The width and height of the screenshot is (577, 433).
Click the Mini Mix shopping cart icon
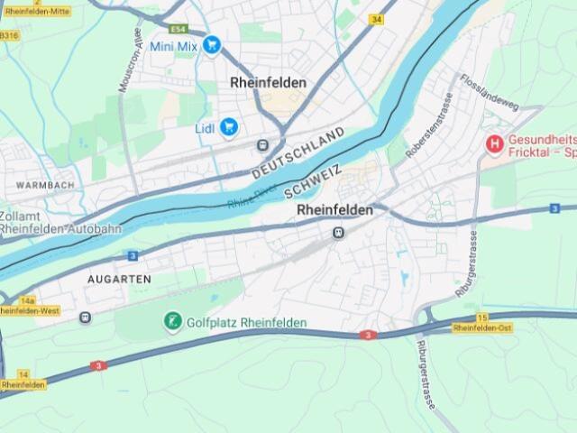212,44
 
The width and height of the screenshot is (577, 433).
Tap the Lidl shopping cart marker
228,128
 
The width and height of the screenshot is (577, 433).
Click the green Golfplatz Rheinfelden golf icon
172,321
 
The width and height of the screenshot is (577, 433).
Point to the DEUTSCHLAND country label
298,152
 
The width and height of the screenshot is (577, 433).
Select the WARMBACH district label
45,186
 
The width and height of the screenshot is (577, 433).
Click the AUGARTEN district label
119,280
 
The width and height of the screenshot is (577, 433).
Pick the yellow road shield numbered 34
375,19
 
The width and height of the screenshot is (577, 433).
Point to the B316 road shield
8,35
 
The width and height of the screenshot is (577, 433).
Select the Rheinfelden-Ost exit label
482,328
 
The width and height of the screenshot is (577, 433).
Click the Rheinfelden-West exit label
29,311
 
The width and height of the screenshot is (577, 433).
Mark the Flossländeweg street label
490,93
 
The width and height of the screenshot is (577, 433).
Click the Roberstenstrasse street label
427,125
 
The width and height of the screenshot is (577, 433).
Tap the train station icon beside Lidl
262,145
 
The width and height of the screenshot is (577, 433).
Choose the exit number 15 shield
482,317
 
